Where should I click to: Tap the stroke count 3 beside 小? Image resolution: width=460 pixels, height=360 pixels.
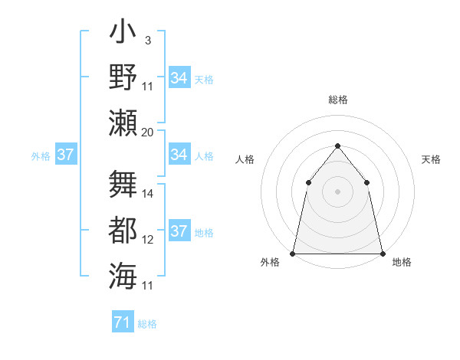(147, 40)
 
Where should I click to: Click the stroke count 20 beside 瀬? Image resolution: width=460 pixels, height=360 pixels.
(148, 132)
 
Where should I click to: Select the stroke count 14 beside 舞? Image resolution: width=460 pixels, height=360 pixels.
(148, 194)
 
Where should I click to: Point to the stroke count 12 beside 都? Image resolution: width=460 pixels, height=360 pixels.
(148, 240)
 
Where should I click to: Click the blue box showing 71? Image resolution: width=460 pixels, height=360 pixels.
(123, 322)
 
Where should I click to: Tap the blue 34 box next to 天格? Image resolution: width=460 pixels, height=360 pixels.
(179, 78)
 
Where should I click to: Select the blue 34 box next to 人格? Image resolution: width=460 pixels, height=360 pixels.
(179, 155)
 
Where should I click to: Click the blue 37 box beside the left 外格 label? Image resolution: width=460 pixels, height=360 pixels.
(65, 155)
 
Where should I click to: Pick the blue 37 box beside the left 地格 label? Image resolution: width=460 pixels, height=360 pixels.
(179, 231)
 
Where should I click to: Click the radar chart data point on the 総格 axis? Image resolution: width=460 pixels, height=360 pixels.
(337, 146)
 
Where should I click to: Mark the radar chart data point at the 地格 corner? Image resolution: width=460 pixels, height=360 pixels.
(382, 253)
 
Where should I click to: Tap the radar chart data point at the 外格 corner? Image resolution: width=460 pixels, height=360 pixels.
(293, 253)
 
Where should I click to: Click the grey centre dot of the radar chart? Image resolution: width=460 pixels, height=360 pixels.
(337, 191)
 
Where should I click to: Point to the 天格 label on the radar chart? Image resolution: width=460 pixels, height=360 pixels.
(431, 159)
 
